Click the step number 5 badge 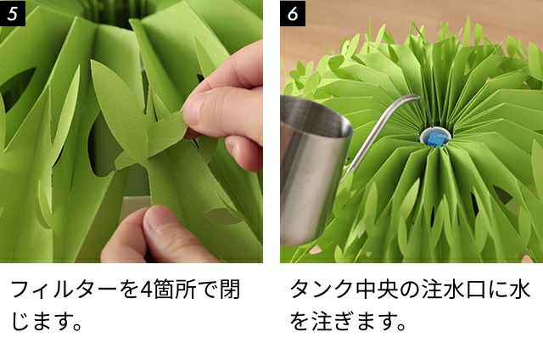tap(13, 13)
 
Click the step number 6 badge tap(293, 13)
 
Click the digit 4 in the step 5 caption tap(146, 290)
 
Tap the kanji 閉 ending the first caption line tap(230, 290)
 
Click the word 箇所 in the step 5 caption tap(175, 290)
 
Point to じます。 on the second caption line tap(48, 322)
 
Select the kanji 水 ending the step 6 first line tap(519, 290)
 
